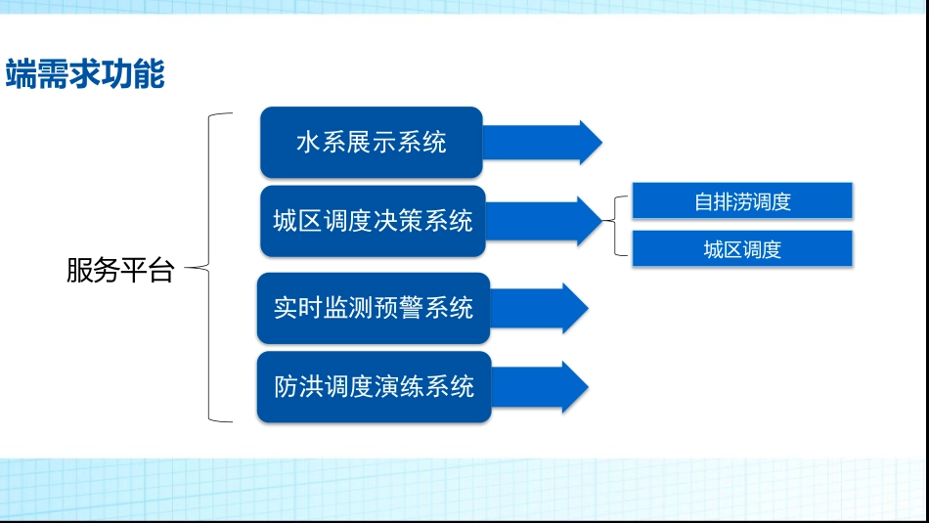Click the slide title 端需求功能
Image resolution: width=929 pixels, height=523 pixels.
(85, 74)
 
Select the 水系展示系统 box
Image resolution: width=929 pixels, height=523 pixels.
(372, 143)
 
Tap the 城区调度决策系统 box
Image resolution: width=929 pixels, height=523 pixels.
(373, 221)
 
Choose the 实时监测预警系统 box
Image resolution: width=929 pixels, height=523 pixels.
(373, 308)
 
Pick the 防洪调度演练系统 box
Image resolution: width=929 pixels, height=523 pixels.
(374, 386)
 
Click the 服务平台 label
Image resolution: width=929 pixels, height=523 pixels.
(119, 271)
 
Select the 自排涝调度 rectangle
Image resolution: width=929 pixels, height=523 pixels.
(742, 201)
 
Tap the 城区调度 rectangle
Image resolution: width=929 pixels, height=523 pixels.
(742, 249)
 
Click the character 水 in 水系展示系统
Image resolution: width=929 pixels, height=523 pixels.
(308, 143)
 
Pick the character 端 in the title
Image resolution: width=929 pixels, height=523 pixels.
(21, 74)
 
